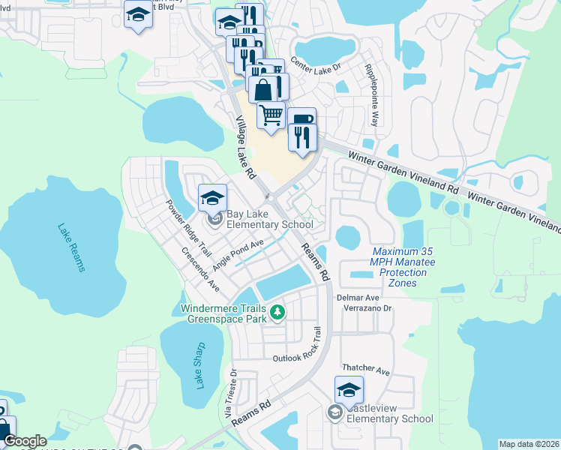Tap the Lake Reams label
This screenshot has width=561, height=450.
(69, 248)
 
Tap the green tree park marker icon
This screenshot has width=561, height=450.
(277, 311)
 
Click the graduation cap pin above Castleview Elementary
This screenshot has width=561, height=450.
(349, 390)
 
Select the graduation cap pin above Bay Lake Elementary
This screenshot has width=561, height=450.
(212, 198)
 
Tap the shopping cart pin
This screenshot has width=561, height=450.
(271, 115)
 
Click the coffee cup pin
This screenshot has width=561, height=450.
(301, 120)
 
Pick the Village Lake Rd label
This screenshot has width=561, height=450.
(244, 147)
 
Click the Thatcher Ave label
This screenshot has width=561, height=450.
(366, 370)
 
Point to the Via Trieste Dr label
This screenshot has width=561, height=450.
(230, 394)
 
